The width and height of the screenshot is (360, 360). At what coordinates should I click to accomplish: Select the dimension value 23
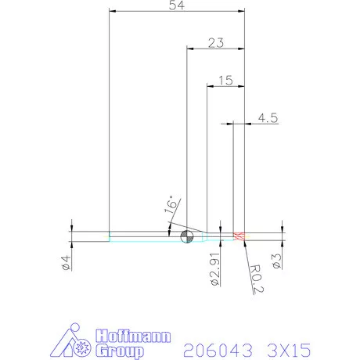tap(218, 44)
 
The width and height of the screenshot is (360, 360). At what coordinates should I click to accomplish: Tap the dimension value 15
tap(226, 81)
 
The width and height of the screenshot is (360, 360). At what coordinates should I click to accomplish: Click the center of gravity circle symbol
tap(187, 237)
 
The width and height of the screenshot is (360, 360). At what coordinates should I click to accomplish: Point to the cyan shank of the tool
tap(141, 236)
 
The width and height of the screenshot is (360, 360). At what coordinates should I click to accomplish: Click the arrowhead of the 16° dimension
tap(170, 229)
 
